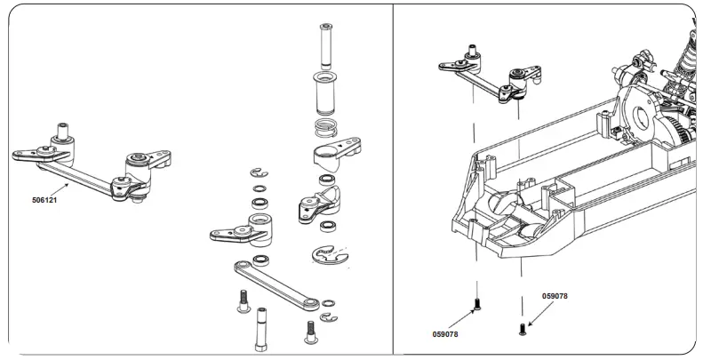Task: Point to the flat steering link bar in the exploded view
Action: [276, 284]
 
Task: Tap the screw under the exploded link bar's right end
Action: [310, 331]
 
